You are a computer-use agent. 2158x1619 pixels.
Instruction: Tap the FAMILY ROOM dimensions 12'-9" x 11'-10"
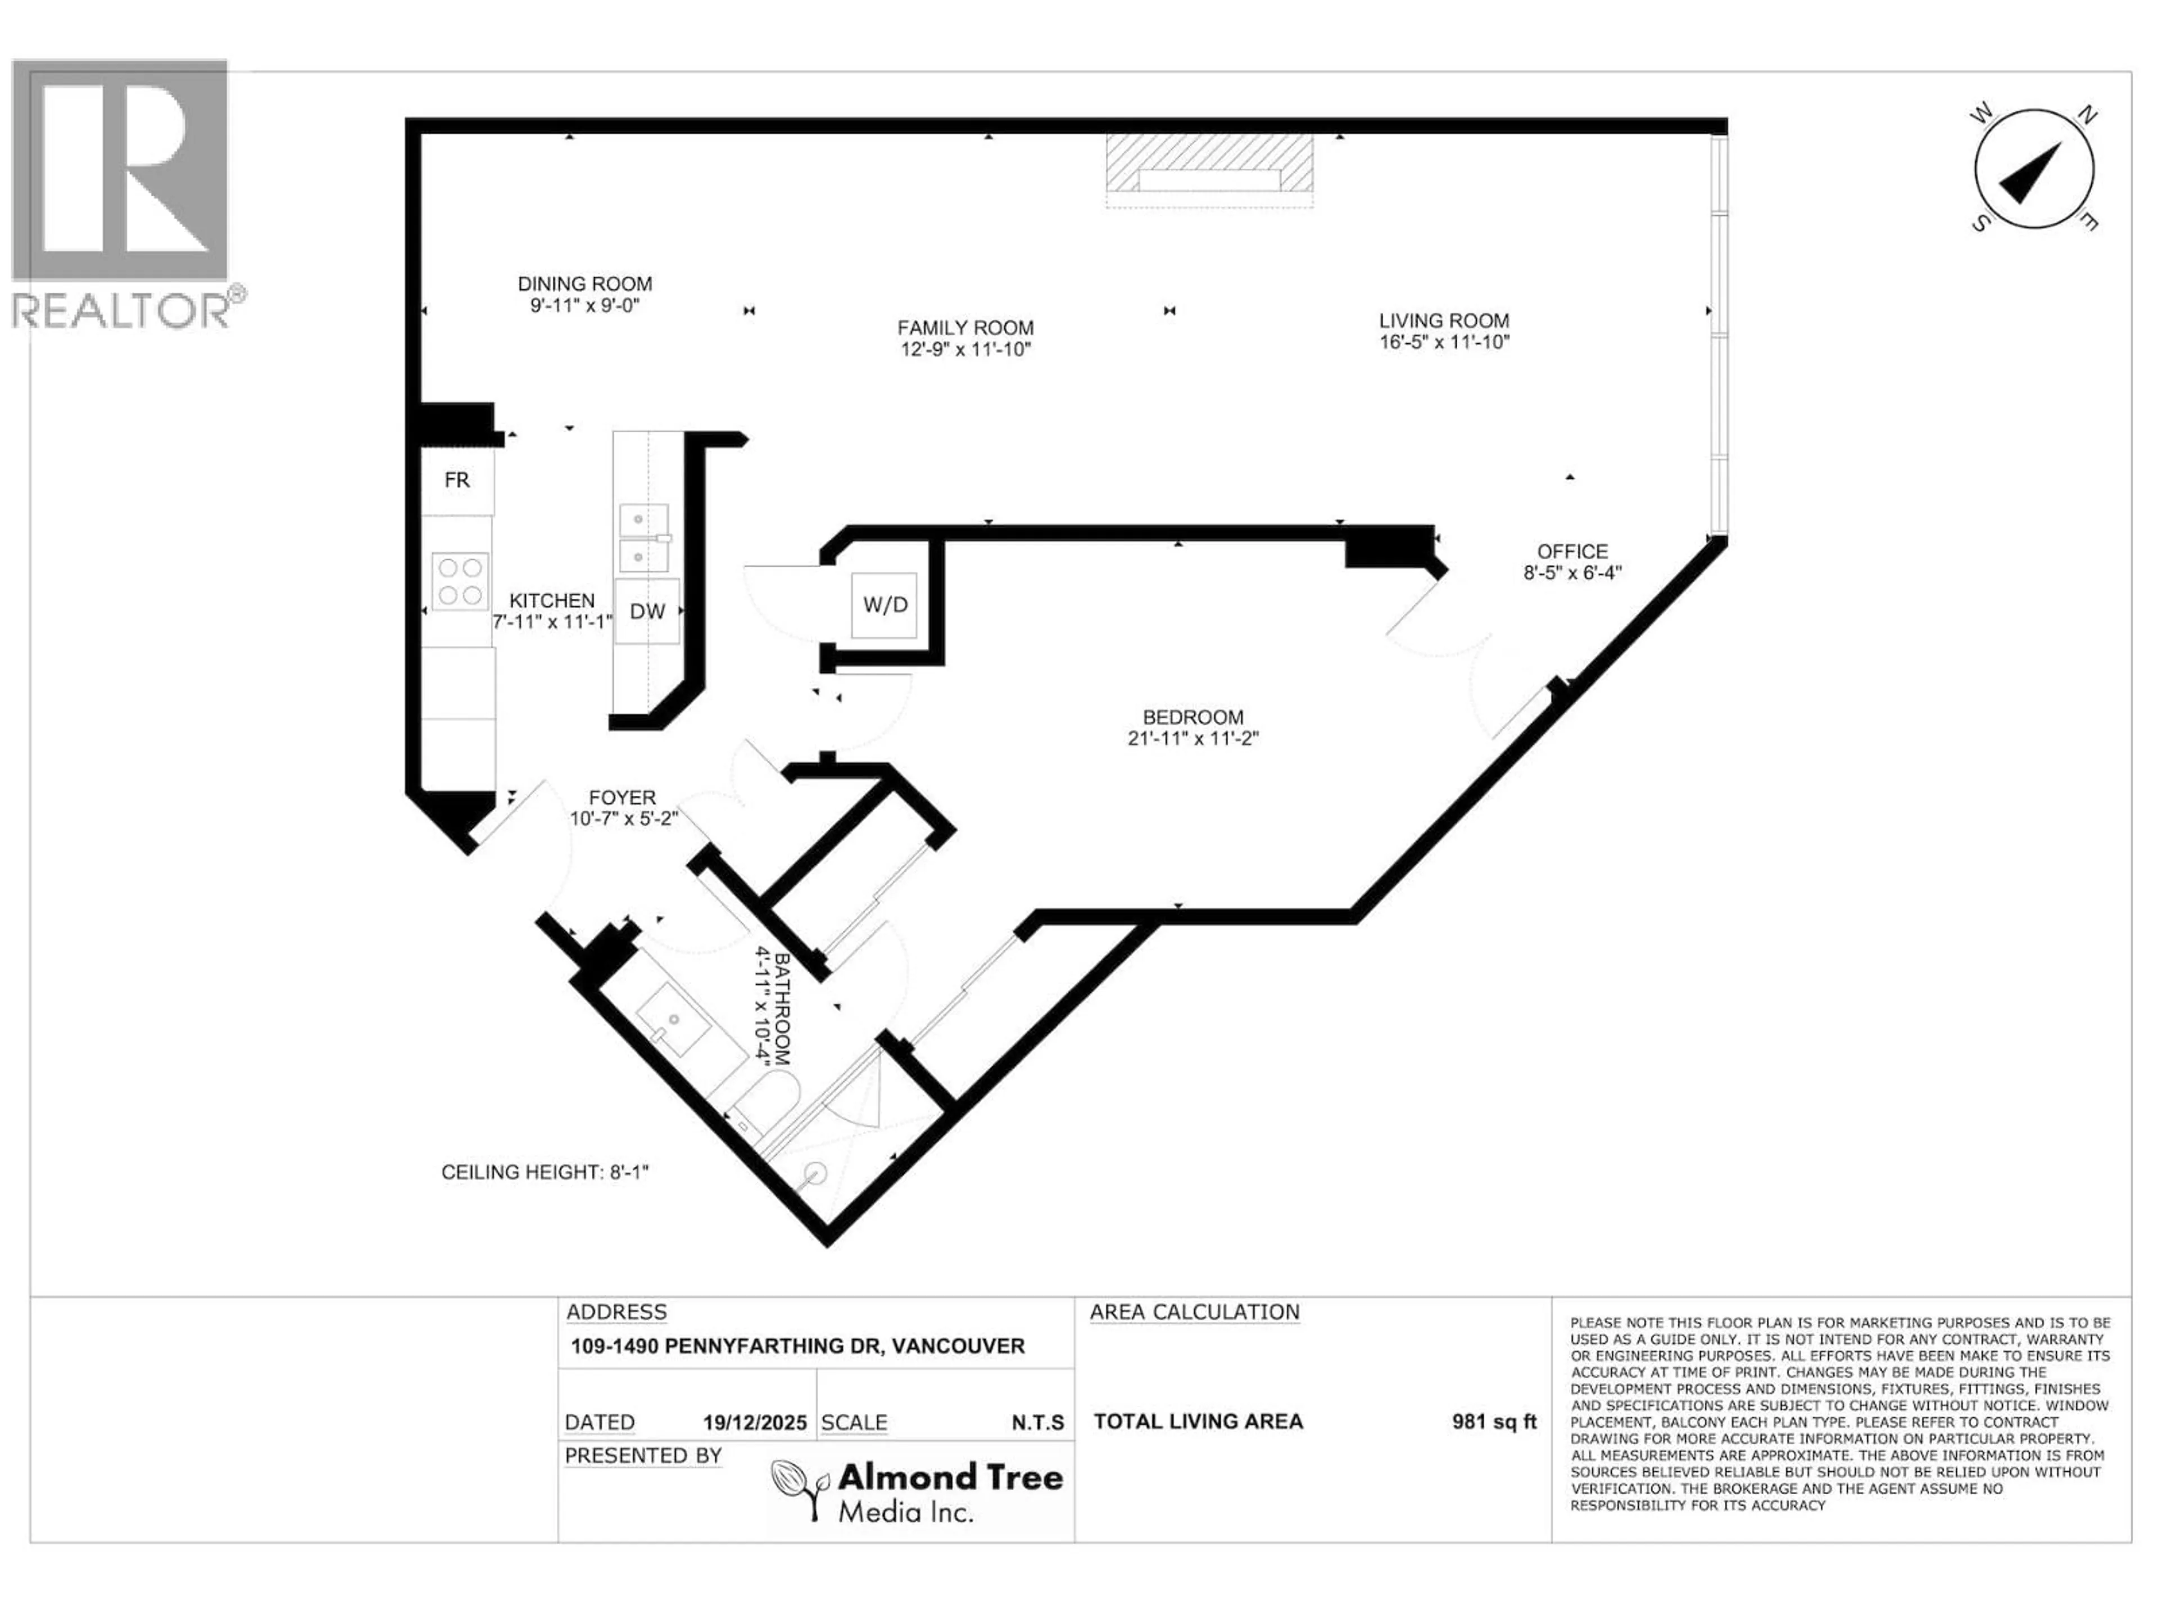965,349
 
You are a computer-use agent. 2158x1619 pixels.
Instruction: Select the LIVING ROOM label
1444,320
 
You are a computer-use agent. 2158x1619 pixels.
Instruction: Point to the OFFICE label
1572,551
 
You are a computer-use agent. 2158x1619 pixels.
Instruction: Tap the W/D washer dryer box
885,605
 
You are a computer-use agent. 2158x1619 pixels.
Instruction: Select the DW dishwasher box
647,611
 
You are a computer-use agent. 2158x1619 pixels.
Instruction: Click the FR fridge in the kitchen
456,480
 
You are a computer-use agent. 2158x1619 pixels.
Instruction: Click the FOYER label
623,797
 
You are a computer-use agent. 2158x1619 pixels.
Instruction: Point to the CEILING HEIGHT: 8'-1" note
545,1172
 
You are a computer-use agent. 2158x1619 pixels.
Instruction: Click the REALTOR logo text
122,310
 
